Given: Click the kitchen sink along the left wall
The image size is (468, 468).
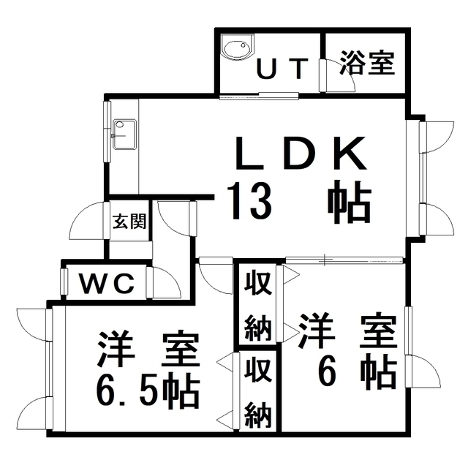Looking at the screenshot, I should coord(123,134).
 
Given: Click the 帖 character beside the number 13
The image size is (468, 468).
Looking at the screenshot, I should coord(347,202).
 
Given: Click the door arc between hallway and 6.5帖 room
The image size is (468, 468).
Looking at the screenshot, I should coord(214,277).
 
